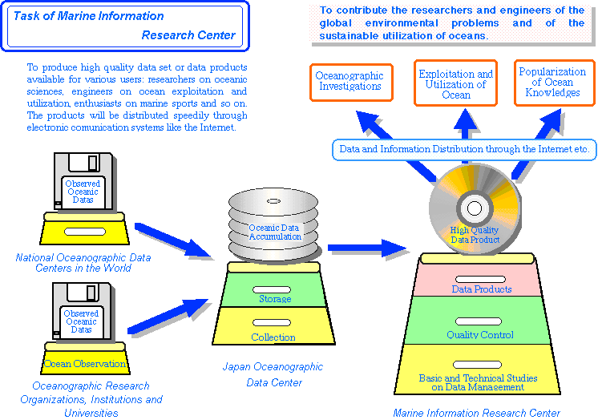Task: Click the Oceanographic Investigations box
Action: (350, 82)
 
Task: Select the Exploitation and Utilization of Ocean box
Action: (455, 83)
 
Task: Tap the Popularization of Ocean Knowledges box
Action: (553, 83)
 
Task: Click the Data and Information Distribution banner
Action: (464, 149)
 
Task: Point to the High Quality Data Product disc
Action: (474, 211)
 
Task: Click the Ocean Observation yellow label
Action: (85, 363)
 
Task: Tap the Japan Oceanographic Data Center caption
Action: (273, 374)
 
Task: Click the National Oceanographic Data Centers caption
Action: (83, 263)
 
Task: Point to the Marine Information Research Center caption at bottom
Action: (476, 413)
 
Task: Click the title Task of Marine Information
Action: (89, 16)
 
